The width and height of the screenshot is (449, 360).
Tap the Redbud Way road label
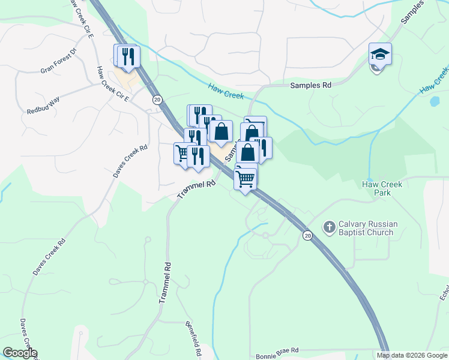43,104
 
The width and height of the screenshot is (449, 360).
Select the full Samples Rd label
310,86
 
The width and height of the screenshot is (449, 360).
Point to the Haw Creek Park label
382,188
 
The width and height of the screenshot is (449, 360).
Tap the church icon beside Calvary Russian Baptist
329,227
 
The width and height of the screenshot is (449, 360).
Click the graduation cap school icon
380,55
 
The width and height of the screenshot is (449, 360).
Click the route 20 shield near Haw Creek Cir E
157,99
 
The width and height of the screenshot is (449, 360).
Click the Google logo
20,353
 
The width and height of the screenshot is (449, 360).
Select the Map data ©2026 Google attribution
412,355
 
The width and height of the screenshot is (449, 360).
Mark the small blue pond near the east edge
434,101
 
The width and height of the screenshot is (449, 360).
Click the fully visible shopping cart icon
245,178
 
